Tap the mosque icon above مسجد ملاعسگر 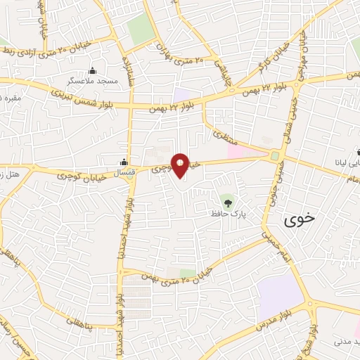coord(92,70)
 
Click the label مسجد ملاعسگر coord(92,82)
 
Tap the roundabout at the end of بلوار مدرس coord(309,304)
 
